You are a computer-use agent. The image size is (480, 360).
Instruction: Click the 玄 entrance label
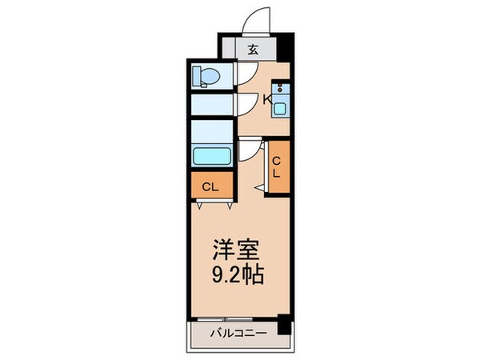(252, 50)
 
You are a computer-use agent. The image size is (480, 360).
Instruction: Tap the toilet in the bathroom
(206, 77)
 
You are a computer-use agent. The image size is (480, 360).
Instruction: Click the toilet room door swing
(248, 74)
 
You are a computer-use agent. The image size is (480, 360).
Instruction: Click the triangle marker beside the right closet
(262, 186)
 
